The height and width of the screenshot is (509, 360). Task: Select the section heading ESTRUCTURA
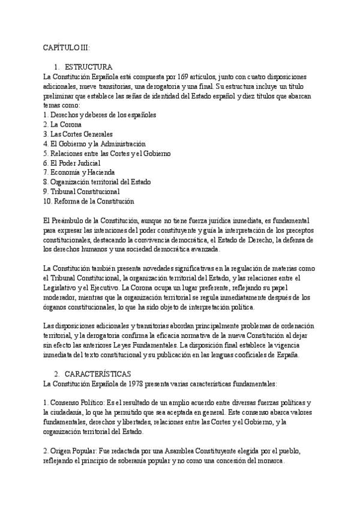88,66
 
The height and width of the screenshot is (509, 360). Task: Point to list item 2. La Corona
62,124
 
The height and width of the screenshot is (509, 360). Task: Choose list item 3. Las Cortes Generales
78,134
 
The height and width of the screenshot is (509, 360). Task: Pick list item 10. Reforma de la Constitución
88,201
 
